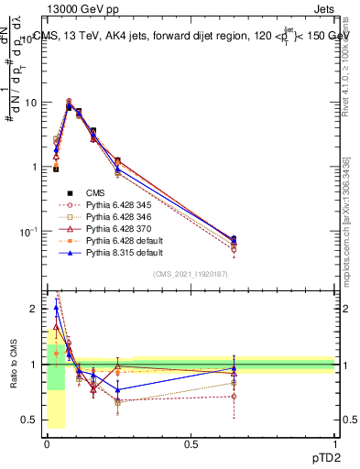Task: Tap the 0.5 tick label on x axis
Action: click(191, 443)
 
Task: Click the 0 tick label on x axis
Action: click(46, 443)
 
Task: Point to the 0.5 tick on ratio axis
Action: click(33, 420)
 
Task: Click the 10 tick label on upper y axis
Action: click(32, 103)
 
